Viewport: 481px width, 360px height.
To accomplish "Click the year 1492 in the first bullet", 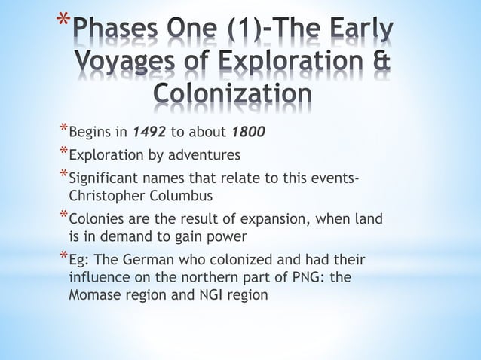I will pos(149,133).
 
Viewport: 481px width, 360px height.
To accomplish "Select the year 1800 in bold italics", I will pos(248,133).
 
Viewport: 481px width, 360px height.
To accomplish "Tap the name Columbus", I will pos(179,196).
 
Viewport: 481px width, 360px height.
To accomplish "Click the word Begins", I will pos(88,133).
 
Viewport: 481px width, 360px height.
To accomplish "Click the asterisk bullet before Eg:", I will pos(63,258).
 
